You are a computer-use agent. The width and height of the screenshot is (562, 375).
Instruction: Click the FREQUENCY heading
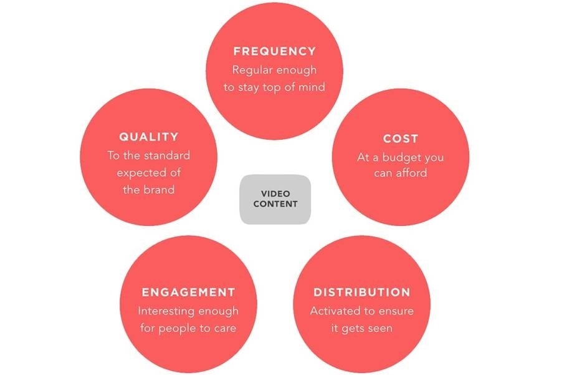click(x=274, y=51)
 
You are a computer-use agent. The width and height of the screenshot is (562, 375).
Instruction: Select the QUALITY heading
click(x=149, y=137)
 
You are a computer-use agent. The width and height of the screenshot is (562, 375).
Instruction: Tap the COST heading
click(x=400, y=139)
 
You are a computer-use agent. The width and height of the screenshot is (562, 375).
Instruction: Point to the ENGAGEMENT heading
click(x=188, y=292)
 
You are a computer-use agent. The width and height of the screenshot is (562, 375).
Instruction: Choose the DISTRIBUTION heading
click(x=361, y=292)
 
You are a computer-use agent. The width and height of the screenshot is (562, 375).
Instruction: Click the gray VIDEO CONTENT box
click(x=275, y=199)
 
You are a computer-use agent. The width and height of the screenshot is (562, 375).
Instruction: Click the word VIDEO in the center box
click(x=275, y=193)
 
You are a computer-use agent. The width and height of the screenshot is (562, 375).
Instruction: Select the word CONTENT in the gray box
click(x=275, y=204)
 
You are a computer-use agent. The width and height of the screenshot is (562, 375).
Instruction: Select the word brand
click(x=158, y=190)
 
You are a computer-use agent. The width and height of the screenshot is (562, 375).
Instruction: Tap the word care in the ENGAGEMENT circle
click(x=225, y=328)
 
